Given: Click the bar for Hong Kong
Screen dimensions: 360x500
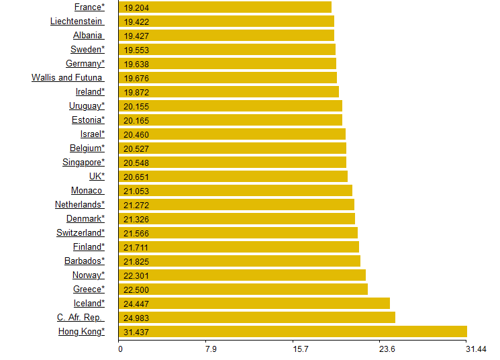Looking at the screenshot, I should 293,331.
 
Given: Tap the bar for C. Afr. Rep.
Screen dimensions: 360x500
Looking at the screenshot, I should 256,317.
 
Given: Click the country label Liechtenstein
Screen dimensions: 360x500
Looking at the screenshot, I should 77,21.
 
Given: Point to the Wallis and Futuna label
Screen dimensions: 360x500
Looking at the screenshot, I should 67,77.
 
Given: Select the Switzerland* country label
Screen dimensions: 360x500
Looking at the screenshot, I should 81,232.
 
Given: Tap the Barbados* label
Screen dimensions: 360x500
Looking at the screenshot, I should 85,261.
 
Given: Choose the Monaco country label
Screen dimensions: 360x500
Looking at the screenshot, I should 87,190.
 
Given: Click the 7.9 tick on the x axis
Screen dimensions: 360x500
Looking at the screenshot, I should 211,349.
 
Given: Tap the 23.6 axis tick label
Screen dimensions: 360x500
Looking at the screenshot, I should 387,349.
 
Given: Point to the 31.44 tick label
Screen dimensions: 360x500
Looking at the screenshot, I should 476,349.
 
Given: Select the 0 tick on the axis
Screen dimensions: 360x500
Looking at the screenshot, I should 120,349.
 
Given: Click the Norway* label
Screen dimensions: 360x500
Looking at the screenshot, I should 89,275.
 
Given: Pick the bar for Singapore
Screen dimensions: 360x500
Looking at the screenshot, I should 232,162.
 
